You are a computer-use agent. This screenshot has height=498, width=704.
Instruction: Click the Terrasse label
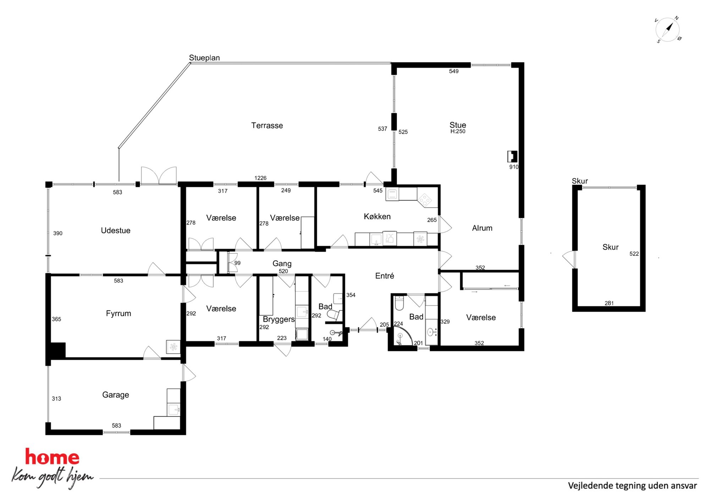(x=267, y=125)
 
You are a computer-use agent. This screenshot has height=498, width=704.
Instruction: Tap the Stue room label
(x=458, y=125)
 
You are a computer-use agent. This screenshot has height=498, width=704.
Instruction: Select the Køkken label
(x=377, y=217)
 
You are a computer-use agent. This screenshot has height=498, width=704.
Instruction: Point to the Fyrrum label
(x=119, y=313)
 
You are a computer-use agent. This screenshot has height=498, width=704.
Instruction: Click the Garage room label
(x=116, y=395)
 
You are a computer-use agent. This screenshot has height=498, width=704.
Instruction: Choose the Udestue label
(x=116, y=230)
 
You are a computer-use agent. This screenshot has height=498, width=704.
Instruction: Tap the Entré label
(x=385, y=276)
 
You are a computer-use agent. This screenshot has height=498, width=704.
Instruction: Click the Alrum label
(x=482, y=228)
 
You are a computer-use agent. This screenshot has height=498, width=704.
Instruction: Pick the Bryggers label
(x=279, y=319)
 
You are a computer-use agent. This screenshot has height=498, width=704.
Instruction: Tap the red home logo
(x=52, y=457)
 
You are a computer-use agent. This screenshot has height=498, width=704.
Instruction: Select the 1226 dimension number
(x=260, y=178)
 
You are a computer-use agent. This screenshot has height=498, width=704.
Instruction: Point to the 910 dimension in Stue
(x=514, y=167)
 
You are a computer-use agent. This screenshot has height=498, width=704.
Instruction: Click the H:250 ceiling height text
(x=458, y=131)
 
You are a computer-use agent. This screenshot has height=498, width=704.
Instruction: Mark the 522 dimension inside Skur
(x=634, y=254)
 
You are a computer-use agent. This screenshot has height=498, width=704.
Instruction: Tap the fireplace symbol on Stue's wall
(x=512, y=157)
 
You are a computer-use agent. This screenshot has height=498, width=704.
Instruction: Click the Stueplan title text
(x=204, y=58)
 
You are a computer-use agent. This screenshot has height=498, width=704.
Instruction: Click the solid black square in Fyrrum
(x=58, y=350)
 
